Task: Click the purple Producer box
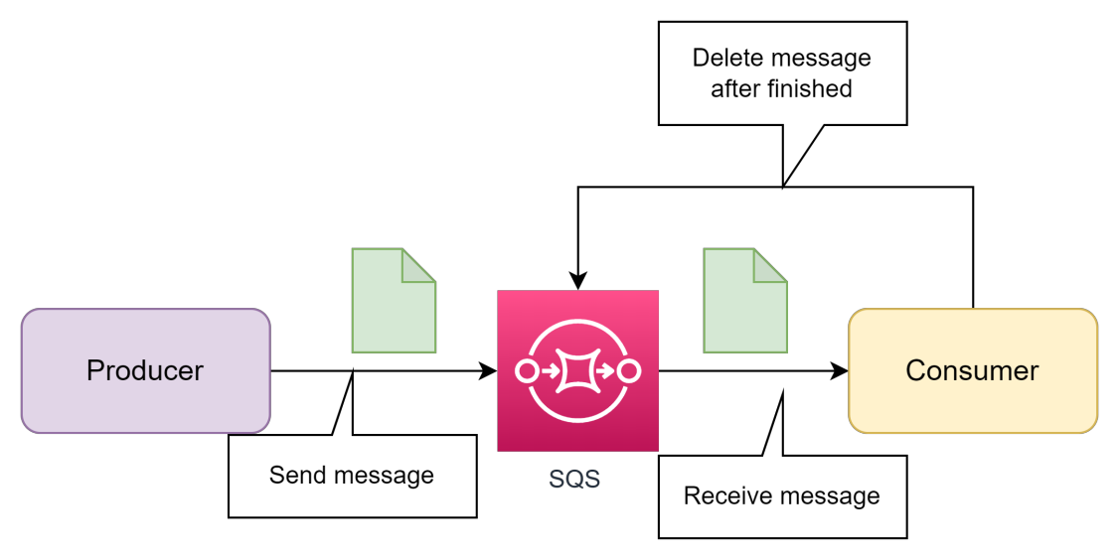(x=145, y=370)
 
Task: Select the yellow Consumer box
(x=972, y=370)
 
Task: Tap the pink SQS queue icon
(x=577, y=370)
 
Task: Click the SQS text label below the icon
(x=574, y=479)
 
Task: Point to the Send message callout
(x=352, y=476)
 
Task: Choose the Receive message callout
(x=782, y=495)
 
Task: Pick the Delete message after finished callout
(x=782, y=73)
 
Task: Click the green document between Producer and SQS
(x=394, y=301)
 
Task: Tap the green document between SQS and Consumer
(x=745, y=301)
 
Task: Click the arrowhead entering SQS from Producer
(x=488, y=371)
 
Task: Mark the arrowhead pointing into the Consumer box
(x=840, y=371)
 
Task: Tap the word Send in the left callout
(x=292, y=476)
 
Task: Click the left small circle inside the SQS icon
(x=527, y=371)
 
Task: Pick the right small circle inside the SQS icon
(x=628, y=371)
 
